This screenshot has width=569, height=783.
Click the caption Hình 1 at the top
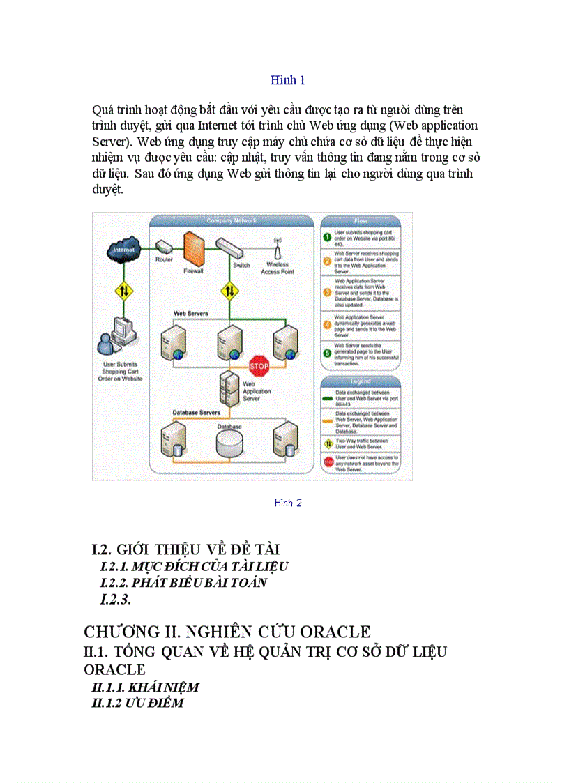tap(287, 80)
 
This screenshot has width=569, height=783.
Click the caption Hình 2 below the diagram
tap(287, 503)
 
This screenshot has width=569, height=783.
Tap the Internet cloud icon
tap(123, 249)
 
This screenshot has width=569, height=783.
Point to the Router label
tap(163, 260)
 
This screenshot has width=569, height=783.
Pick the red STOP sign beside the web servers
tap(259, 365)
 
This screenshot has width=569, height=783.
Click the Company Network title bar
tap(231, 221)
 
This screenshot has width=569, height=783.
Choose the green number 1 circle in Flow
tap(326, 237)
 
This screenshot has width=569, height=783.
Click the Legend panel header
tap(361, 382)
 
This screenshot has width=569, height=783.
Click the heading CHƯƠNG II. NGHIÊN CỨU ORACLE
tap(227, 632)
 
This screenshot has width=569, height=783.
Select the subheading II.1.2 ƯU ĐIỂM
tap(138, 703)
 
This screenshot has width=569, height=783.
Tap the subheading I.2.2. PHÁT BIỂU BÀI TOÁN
tap(183, 583)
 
